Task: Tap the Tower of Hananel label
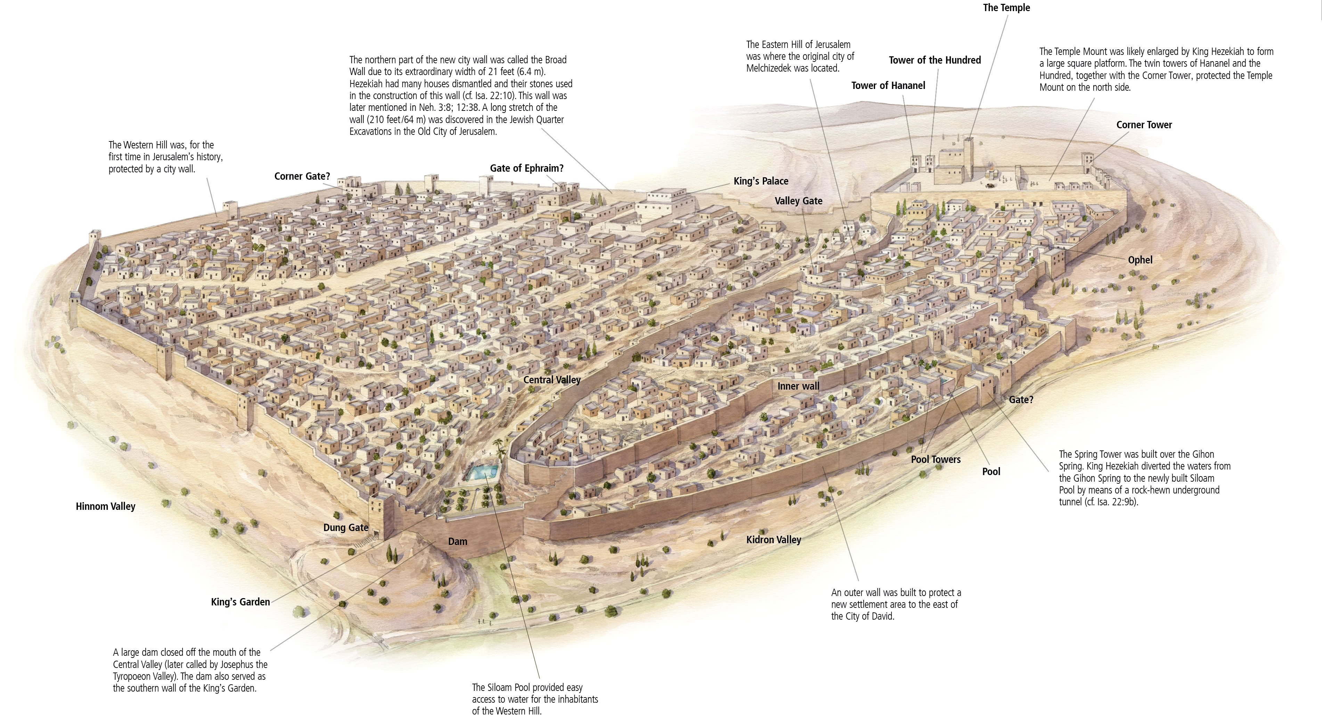pos(888,86)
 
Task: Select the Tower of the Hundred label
pos(935,60)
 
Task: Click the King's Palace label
pos(760,181)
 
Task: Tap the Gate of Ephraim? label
pos(527,168)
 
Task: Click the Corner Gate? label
pos(302,177)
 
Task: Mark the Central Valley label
pos(552,380)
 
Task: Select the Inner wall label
pos(798,386)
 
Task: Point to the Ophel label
pos(1140,260)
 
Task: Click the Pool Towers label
pos(936,460)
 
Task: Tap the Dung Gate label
pos(345,528)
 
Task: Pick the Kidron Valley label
pos(773,540)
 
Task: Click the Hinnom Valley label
pos(105,507)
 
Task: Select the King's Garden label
pos(240,602)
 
